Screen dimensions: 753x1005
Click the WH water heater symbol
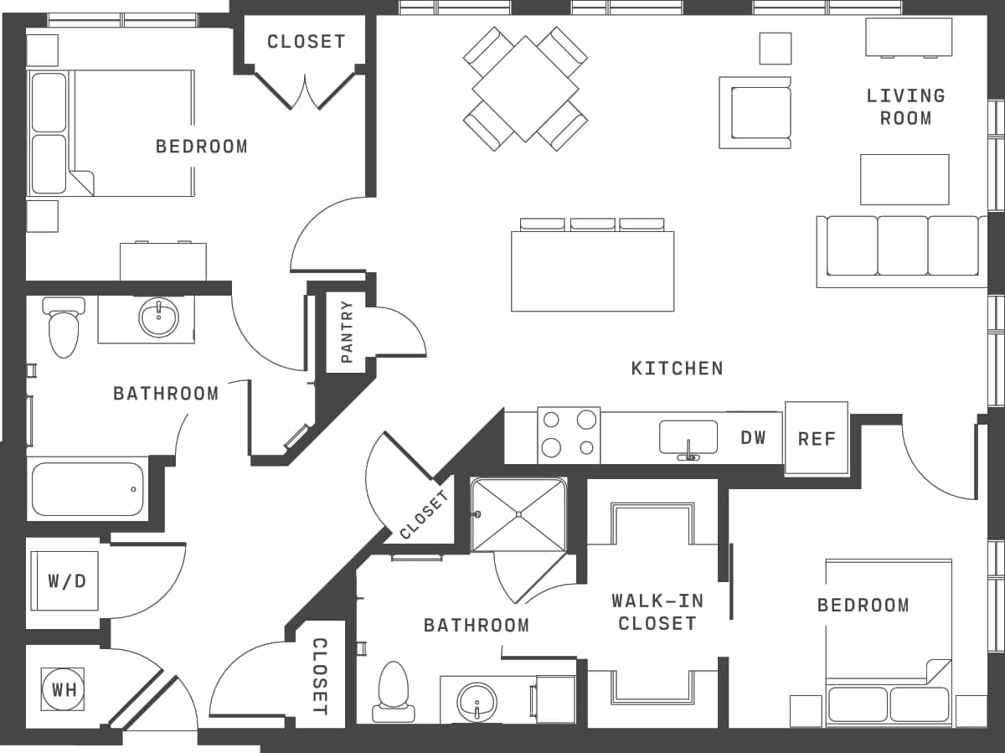(63, 689)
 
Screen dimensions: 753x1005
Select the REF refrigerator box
(816, 439)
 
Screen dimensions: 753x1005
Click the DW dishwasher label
(753, 437)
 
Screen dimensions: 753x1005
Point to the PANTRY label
(347, 333)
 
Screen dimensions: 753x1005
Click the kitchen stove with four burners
(569, 434)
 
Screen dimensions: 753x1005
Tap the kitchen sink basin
(688, 437)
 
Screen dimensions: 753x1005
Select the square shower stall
(518, 514)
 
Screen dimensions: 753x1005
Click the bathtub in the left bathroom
(87, 489)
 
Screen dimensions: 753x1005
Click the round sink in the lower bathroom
(477, 699)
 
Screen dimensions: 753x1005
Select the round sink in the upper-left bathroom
(158, 317)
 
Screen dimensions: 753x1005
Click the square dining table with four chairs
(525, 88)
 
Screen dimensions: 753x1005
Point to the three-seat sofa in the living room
(902, 248)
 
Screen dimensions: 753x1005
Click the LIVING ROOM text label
(905, 107)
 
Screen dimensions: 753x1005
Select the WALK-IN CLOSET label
(657, 612)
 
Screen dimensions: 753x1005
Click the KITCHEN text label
(677, 369)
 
